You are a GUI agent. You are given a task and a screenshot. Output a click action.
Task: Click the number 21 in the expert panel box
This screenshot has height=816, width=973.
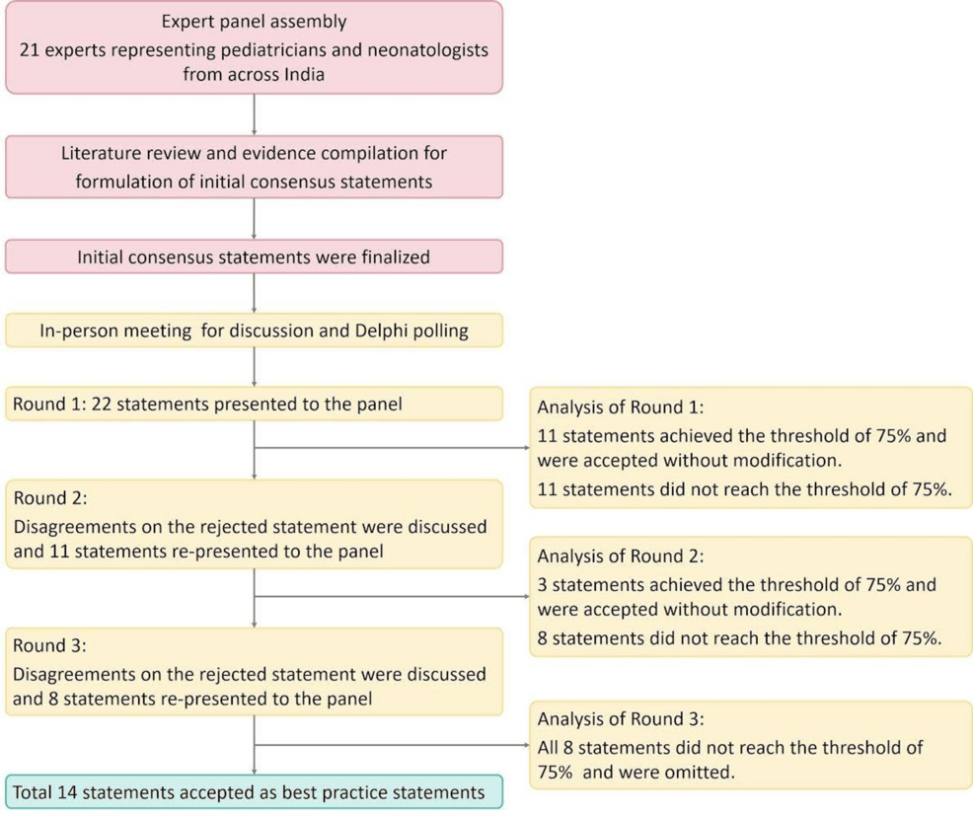[30, 49]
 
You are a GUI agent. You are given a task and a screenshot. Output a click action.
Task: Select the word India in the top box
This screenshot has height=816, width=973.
[304, 74]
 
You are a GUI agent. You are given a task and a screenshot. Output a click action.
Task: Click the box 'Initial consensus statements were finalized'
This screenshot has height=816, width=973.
[254, 257]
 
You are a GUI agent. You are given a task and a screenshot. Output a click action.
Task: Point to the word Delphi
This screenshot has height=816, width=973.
[380, 331]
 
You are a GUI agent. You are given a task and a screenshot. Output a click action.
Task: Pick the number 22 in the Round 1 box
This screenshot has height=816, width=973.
[101, 404]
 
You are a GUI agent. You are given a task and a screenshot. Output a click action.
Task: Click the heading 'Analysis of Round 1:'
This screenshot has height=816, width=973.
[621, 408]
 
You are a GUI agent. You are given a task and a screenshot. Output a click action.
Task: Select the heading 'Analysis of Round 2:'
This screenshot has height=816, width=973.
[621, 556]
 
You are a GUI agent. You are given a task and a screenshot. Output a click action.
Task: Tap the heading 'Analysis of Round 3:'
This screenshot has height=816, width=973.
[621, 718]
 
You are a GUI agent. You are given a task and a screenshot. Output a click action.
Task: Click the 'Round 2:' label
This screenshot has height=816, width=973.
[50, 498]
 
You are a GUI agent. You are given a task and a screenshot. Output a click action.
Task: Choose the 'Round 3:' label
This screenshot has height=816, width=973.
[49, 646]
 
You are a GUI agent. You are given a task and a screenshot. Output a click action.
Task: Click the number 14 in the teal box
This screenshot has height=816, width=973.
[67, 792]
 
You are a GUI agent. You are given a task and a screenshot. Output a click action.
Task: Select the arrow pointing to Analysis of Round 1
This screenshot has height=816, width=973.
[392, 447]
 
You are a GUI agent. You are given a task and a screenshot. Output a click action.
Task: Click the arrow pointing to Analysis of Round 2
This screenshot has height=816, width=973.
[392, 596]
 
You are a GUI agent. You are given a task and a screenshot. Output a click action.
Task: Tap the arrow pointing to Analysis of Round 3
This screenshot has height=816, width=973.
[392, 745]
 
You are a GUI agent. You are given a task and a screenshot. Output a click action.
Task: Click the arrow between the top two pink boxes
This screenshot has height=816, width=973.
[254, 114]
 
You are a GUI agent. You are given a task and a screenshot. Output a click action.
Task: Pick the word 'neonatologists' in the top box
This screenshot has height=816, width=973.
[428, 50]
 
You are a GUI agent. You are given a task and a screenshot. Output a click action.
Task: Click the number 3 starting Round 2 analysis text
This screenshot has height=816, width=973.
[543, 584]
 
